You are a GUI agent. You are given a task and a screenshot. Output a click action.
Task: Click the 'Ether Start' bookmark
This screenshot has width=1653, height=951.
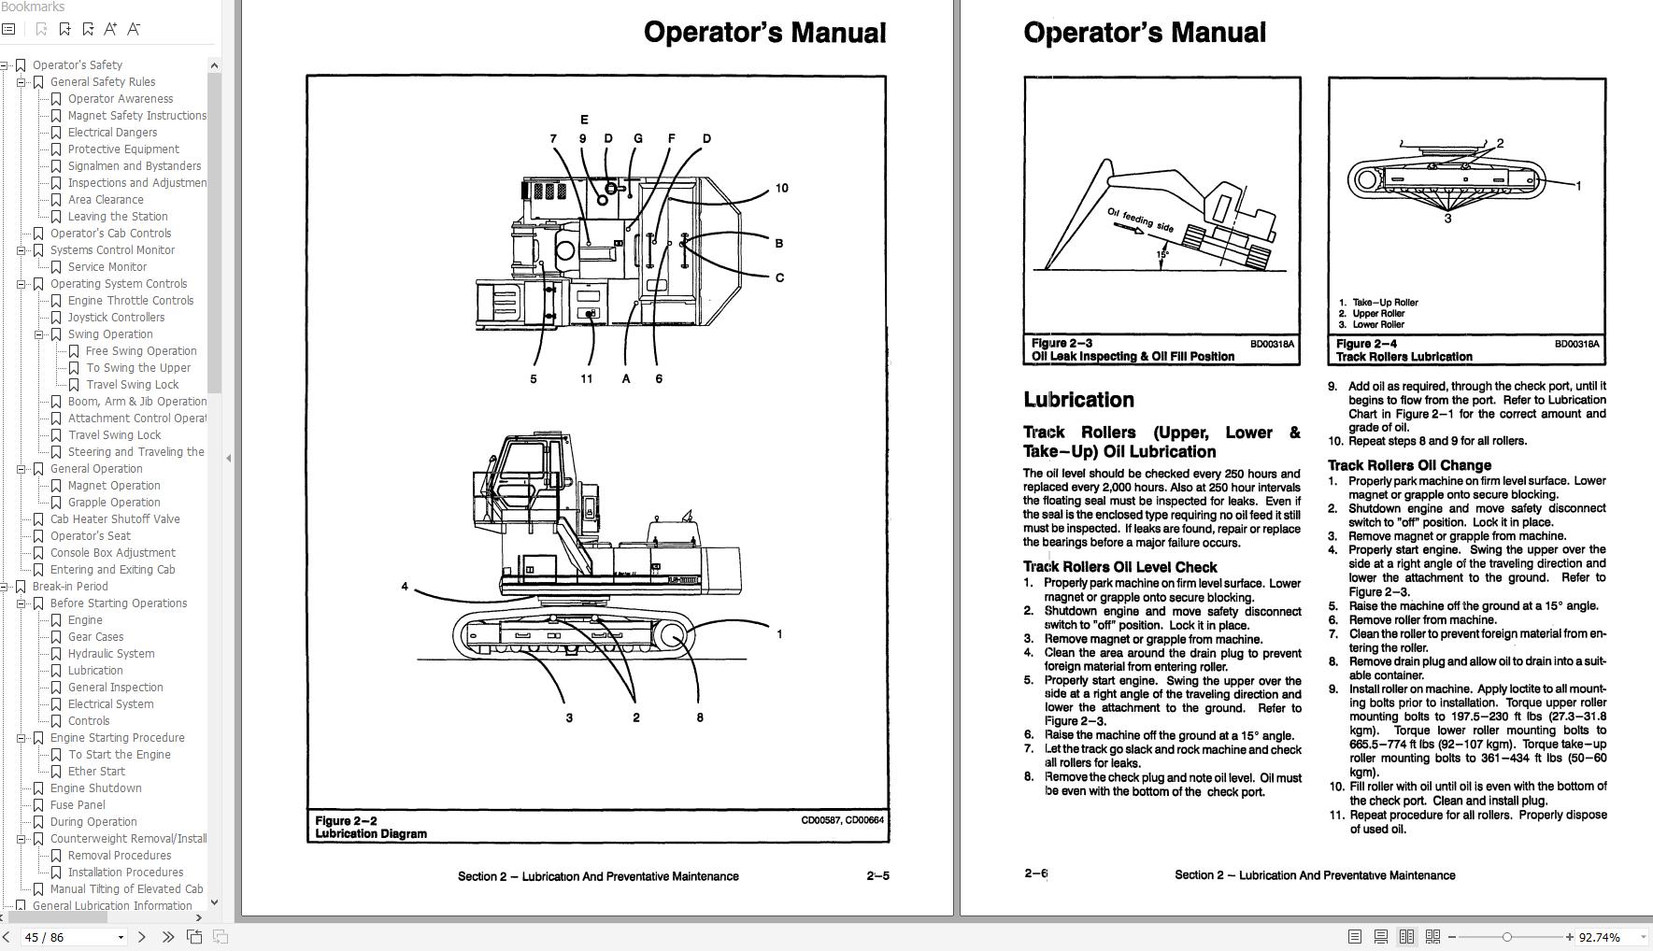(96, 771)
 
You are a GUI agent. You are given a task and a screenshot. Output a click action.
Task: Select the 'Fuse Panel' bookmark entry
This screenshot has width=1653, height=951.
(78, 804)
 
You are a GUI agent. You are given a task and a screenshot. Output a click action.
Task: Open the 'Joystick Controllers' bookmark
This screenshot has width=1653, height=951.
(116, 317)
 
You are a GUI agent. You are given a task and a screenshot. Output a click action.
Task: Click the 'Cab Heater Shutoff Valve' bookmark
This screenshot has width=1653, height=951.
(115, 518)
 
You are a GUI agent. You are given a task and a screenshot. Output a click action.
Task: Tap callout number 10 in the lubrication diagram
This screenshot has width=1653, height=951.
(781, 188)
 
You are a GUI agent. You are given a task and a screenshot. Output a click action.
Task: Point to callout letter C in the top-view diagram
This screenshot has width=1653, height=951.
(779, 277)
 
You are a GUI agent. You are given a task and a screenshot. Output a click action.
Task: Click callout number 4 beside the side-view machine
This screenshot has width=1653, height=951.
(405, 587)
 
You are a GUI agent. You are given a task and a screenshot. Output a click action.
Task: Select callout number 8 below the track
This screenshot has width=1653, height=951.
(699, 717)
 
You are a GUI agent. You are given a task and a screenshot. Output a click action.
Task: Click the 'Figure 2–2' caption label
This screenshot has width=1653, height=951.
(347, 820)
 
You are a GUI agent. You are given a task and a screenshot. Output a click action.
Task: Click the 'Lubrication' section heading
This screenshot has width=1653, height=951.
(1078, 400)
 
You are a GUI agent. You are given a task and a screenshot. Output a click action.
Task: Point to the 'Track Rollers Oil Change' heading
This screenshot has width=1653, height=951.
(1409, 465)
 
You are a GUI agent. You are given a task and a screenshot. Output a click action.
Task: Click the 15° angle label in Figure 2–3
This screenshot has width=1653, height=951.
(1162, 254)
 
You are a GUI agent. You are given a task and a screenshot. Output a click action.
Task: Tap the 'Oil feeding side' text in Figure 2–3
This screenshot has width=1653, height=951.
(1140, 220)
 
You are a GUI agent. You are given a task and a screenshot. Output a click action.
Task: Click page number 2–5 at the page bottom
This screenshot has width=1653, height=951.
(877, 875)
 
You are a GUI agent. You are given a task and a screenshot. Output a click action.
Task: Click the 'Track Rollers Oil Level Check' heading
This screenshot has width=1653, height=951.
(1119, 567)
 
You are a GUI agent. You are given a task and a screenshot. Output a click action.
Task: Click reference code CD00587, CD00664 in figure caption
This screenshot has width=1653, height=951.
(842, 820)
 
